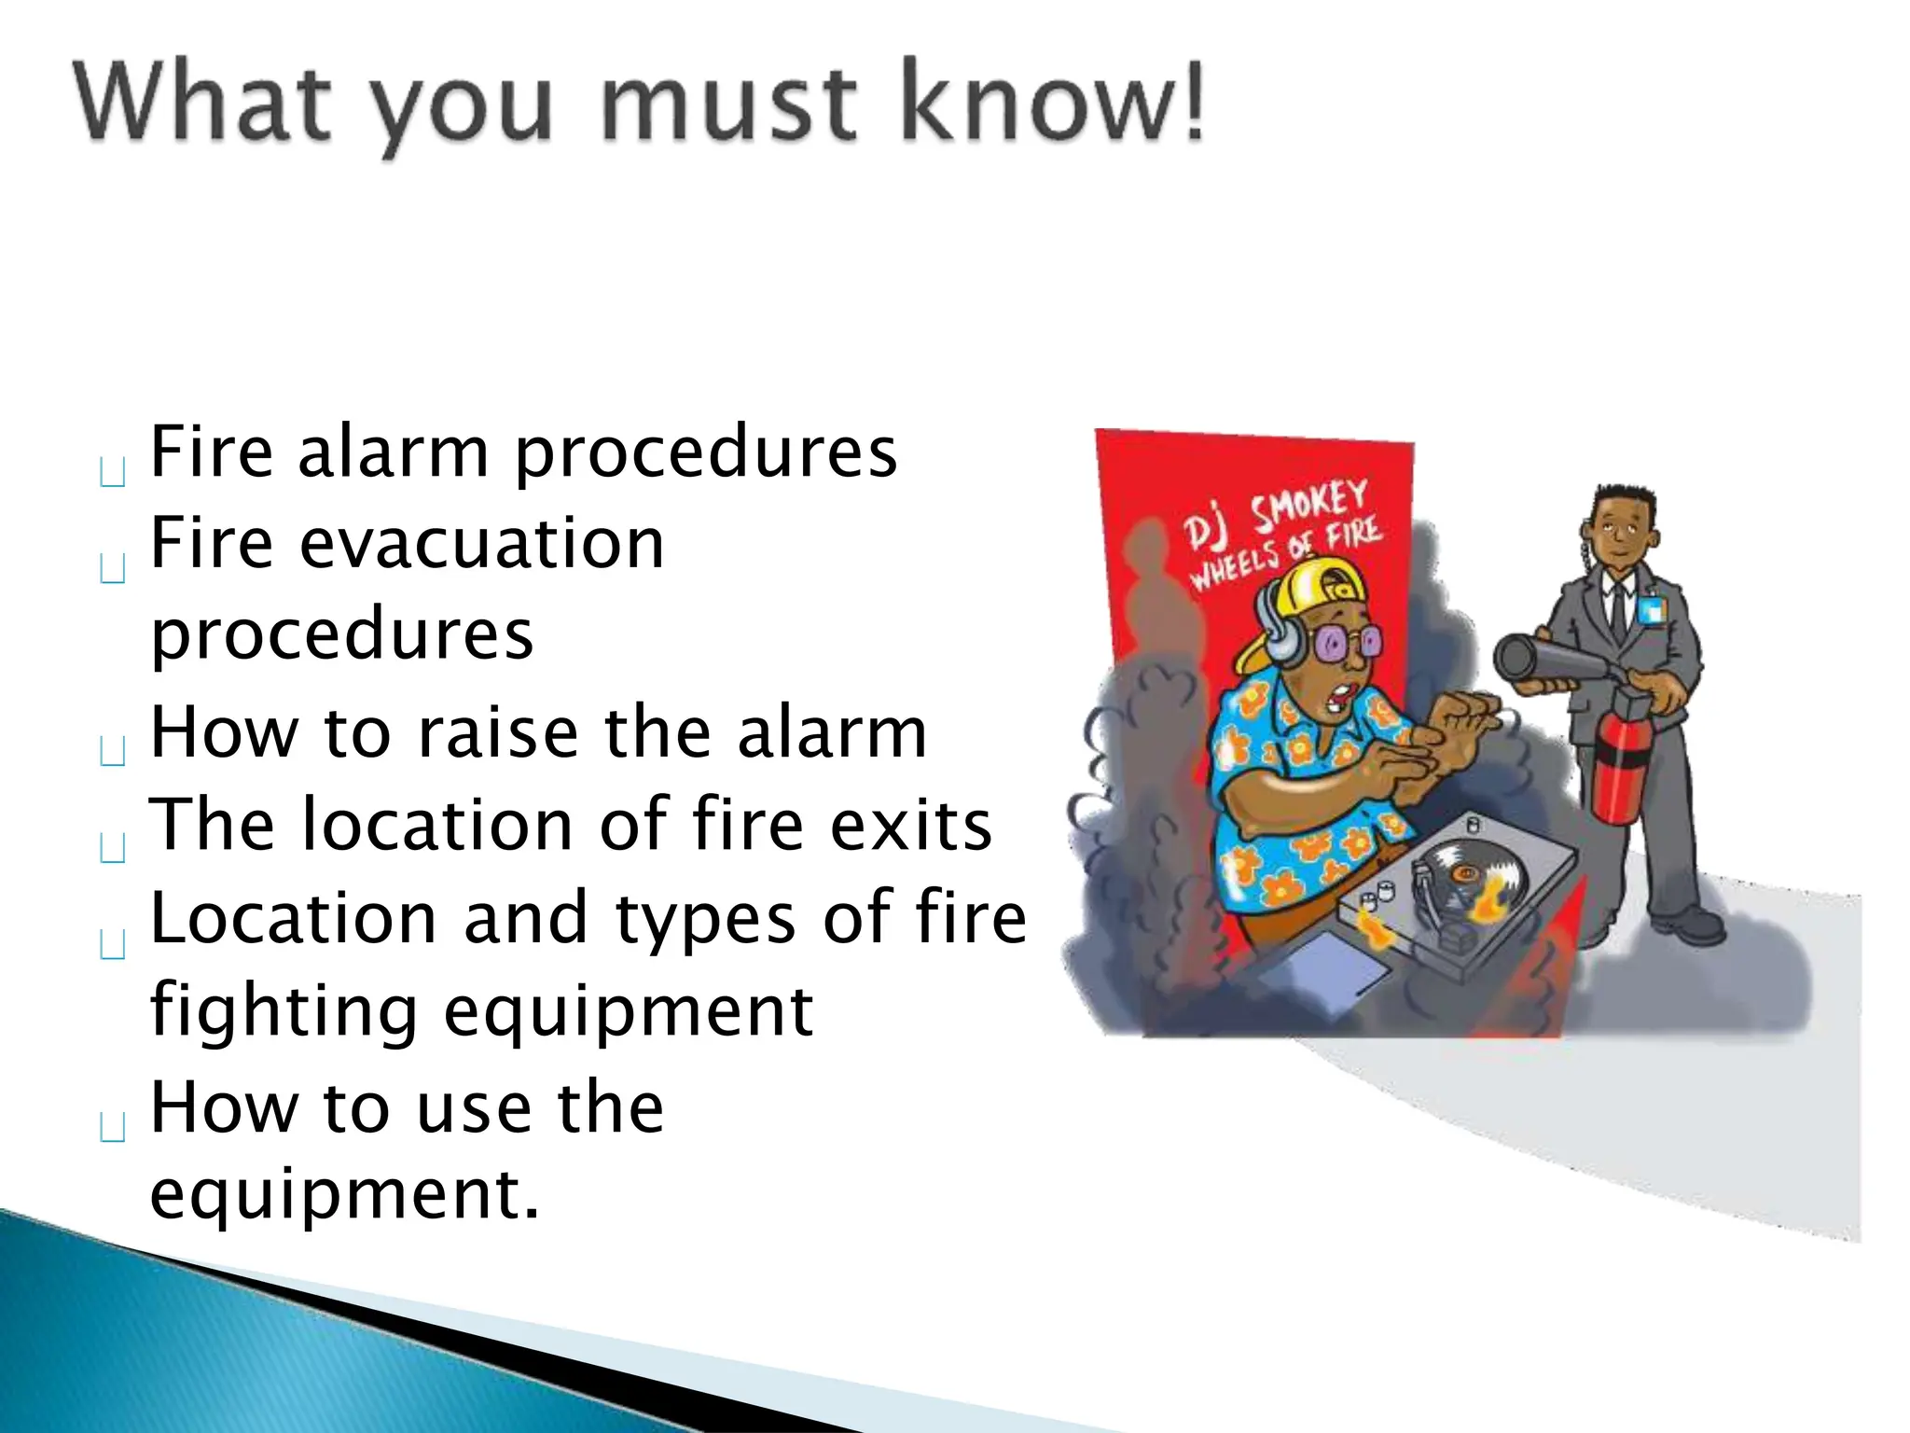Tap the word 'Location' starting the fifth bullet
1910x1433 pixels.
tap(293, 919)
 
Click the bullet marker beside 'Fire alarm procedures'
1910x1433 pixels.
tap(112, 473)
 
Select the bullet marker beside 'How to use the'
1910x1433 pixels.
tap(112, 1128)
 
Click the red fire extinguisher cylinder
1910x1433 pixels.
tap(1620, 774)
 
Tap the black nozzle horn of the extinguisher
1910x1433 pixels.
tap(1529, 659)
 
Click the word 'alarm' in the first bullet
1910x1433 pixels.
tap(392, 452)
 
